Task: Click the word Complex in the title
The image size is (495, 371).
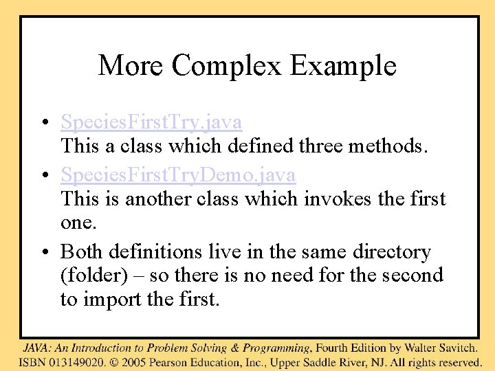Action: point(227,66)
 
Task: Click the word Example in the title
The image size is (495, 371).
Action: point(343,66)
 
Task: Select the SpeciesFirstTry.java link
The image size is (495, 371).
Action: point(151,122)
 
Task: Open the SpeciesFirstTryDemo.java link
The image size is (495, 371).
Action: point(178,175)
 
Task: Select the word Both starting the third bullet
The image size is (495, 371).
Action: point(80,252)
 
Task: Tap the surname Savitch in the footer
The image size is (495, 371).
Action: point(454,348)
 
